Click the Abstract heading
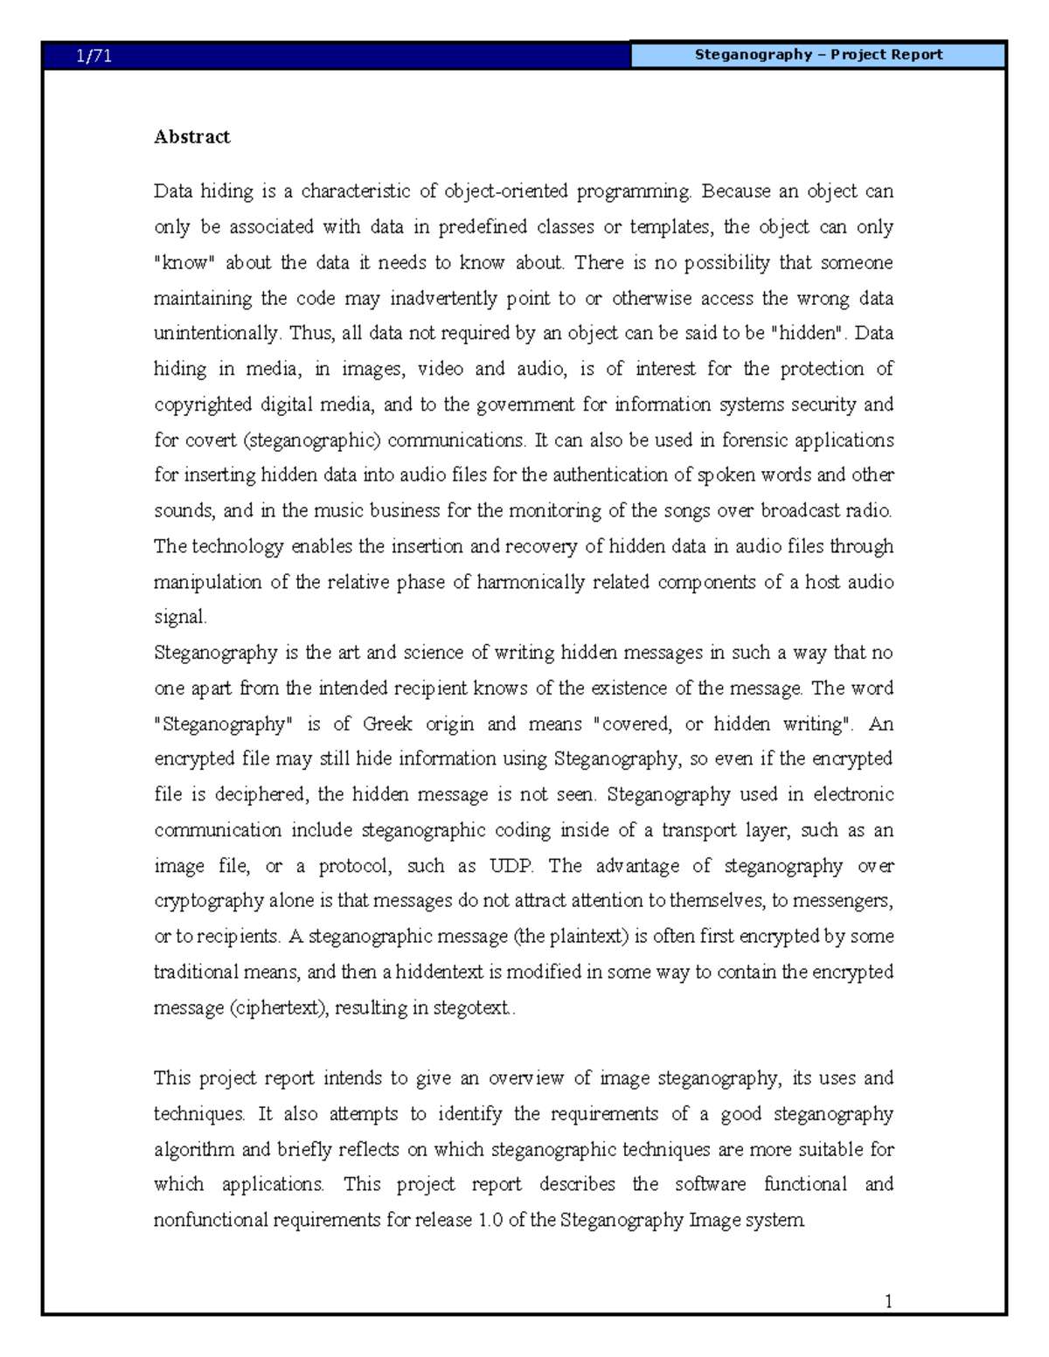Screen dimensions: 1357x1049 coord(191,137)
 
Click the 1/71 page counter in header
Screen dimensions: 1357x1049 coord(94,57)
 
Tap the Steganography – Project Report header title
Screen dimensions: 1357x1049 coord(818,55)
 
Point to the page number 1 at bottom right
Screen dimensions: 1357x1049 coord(888,1302)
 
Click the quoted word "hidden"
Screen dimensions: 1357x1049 coord(810,334)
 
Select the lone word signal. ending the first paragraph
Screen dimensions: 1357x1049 coord(180,618)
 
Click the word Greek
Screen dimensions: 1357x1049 coord(387,724)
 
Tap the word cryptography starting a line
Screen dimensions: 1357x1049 coord(208,902)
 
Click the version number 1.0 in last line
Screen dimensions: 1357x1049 coord(490,1221)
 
